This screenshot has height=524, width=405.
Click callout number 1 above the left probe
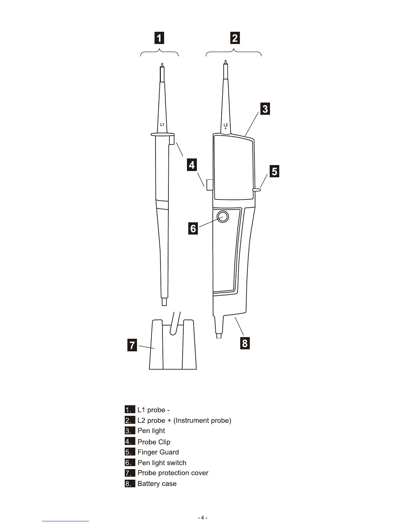[x=159, y=38]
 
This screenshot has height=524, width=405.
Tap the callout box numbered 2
[x=235, y=38]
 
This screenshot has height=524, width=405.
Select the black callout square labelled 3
[x=265, y=109]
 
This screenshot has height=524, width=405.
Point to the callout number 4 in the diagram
[x=192, y=164]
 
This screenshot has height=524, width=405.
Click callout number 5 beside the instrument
[x=274, y=171]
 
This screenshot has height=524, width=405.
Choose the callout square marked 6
[x=193, y=228]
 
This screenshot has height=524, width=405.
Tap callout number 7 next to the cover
[x=132, y=345]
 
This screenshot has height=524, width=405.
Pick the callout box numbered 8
[x=245, y=343]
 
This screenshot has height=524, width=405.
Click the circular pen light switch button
[x=223, y=217]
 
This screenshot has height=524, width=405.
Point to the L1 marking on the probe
[x=162, y=125]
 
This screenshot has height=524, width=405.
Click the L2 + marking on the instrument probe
[x=225, y=126]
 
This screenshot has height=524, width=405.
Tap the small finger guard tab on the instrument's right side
[x=257, y=190]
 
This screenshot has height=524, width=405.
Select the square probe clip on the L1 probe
[x=171, y=141]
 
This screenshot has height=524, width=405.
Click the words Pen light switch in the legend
[x=162, y=463]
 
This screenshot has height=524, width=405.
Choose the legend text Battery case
[x=157, y=484]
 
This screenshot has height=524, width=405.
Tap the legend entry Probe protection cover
[x=173, y=473]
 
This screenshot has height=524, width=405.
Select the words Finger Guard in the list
[x=158, y=452]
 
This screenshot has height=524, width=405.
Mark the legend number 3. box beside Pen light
[x=130, y=431]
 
